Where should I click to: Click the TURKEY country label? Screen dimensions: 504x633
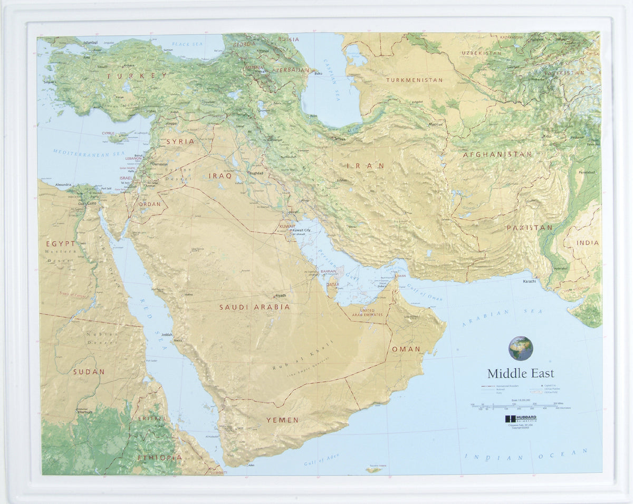click(138, 76)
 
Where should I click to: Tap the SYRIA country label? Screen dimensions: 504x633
click(180, 141)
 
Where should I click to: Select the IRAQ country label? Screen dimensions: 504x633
click(220, 176)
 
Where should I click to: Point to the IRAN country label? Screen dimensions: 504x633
click(365, 166)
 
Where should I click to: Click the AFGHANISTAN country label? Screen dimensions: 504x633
click(497, 155)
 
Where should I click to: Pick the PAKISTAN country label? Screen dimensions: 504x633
click(529, 227)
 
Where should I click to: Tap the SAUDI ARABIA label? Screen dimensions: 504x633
click(254, 307)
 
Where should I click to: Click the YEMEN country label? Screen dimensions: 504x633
click(282, 420)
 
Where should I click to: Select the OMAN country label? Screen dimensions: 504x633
click(406, 349)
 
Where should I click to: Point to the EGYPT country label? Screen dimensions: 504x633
click(61, 244)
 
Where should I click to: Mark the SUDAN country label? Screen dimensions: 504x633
click(89, 372)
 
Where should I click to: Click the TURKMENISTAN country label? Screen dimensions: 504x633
click(414, 80)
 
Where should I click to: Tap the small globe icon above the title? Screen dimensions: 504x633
click(520, 348)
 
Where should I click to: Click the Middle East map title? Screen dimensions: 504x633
click(520, 374)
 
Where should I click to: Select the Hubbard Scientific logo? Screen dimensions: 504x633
click(520, 419)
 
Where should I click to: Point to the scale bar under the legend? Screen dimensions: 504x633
click(514, 406)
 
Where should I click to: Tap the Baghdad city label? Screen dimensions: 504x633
click(256, 173)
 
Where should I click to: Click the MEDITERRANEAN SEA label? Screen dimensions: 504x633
click(88, 154)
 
